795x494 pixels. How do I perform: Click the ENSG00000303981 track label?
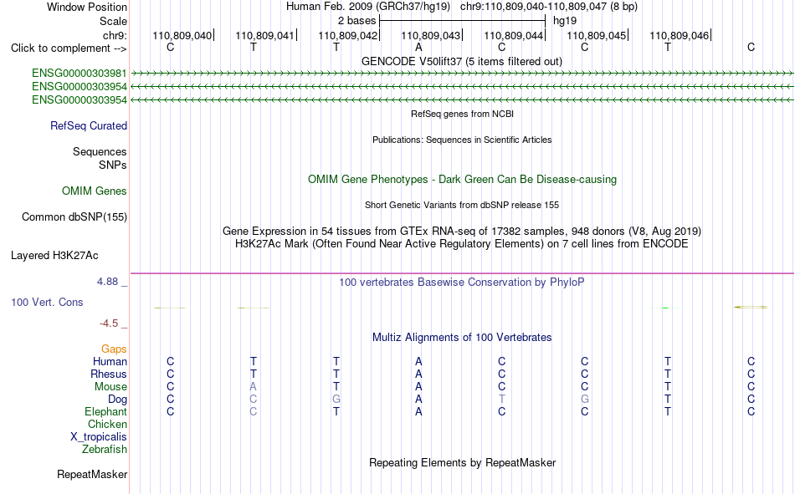tap(79, 74)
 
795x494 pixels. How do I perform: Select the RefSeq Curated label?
tap(89, 125)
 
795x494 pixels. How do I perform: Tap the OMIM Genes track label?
tap(95, 191)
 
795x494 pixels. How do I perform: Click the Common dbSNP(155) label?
tap(74, 216)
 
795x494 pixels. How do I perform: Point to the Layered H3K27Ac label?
tap(54, 256)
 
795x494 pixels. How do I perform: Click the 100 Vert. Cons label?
tap(47, 302)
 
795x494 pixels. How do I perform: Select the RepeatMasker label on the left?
tap(92, 474)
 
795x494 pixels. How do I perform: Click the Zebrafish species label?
tap(105, 450)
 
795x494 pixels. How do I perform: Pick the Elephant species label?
tap(106, 411)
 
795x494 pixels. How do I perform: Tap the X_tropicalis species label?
tap(99, 437)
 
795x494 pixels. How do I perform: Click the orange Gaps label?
tap(114, 349)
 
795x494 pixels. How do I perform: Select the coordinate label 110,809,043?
tap(430, 35)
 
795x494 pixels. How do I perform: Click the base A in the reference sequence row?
tap(418, 47)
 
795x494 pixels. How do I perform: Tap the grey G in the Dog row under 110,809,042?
tap(336, 400)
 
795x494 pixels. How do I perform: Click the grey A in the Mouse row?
tap(253, 386)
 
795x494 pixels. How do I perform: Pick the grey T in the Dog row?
tap(502, 400)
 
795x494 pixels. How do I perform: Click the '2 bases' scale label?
tap(357, 21)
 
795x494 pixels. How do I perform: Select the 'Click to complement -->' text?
tap(69, 48)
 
